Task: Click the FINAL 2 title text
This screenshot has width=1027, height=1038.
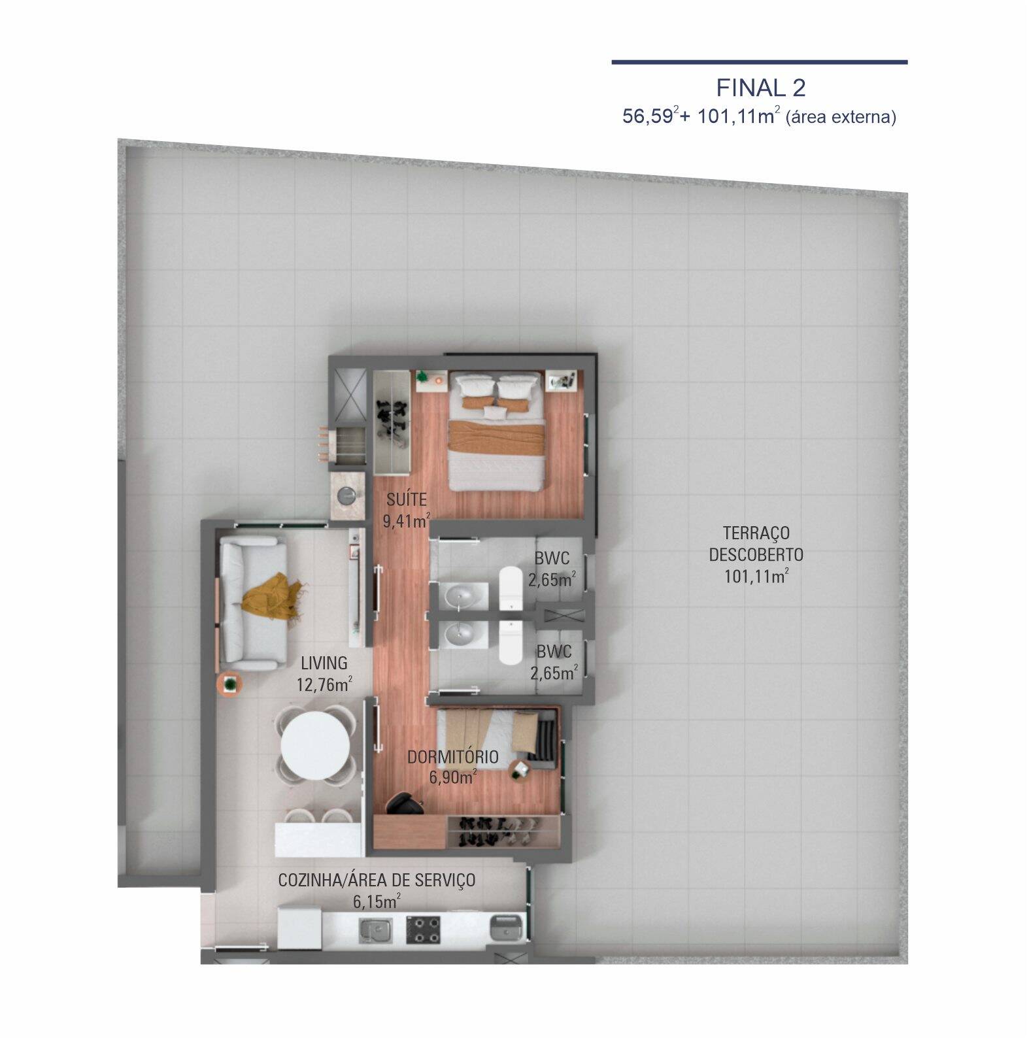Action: click(x=760, y=88)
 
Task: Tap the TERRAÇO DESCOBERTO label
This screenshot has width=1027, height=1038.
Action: click(x=756, y=544)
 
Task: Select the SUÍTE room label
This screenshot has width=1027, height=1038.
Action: click(x=406, y=500)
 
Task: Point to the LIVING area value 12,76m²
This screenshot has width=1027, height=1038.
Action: click(x=324, y=685)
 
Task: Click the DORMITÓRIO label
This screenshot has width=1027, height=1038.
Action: click(x=452, y=757)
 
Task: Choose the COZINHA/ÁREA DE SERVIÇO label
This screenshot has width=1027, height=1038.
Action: click(x=377, y=880)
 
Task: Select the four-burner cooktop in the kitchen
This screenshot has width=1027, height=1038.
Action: click(x=423, y=929)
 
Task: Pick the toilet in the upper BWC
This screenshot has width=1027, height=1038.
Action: click(x=509, y=588)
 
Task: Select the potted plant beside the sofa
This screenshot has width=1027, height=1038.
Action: click(x=230, y=684)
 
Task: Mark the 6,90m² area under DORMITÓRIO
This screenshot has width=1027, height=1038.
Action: click(x=452, y=778)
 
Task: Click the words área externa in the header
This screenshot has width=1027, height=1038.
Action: click(x=841, y=118)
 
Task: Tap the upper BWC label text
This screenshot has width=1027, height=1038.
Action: click(x=551, y=559)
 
